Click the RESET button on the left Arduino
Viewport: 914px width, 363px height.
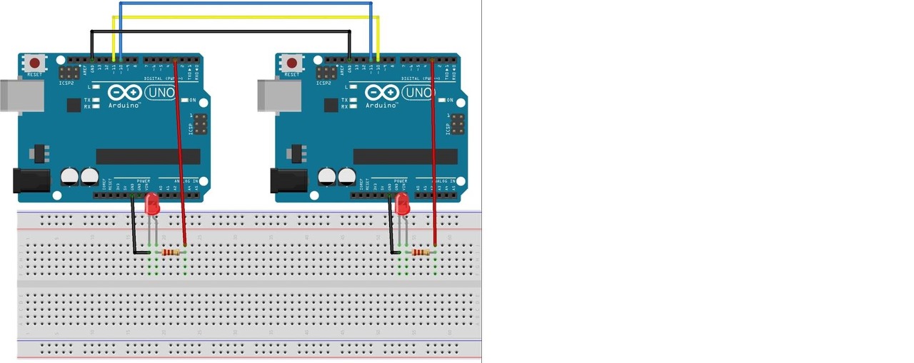tap(34, 63)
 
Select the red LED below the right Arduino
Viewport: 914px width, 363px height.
tap(403, 205)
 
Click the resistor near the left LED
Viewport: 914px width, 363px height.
tap(171, 252)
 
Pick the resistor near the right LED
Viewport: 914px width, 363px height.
tap(421, 252)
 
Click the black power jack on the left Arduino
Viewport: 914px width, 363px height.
tap(32, 180)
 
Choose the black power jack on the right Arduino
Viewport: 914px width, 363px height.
tap(289, 180)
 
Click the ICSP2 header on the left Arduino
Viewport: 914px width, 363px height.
tap(69, 73)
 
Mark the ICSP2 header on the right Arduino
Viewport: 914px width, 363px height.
tap(326, 73)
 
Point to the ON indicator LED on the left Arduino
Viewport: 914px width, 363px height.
tap(183, 101)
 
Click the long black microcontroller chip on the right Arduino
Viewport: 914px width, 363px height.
tap(405, 157)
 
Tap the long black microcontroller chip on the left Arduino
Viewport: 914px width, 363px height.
tap(148, 157)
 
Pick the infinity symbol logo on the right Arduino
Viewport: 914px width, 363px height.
tap(381, 93)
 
